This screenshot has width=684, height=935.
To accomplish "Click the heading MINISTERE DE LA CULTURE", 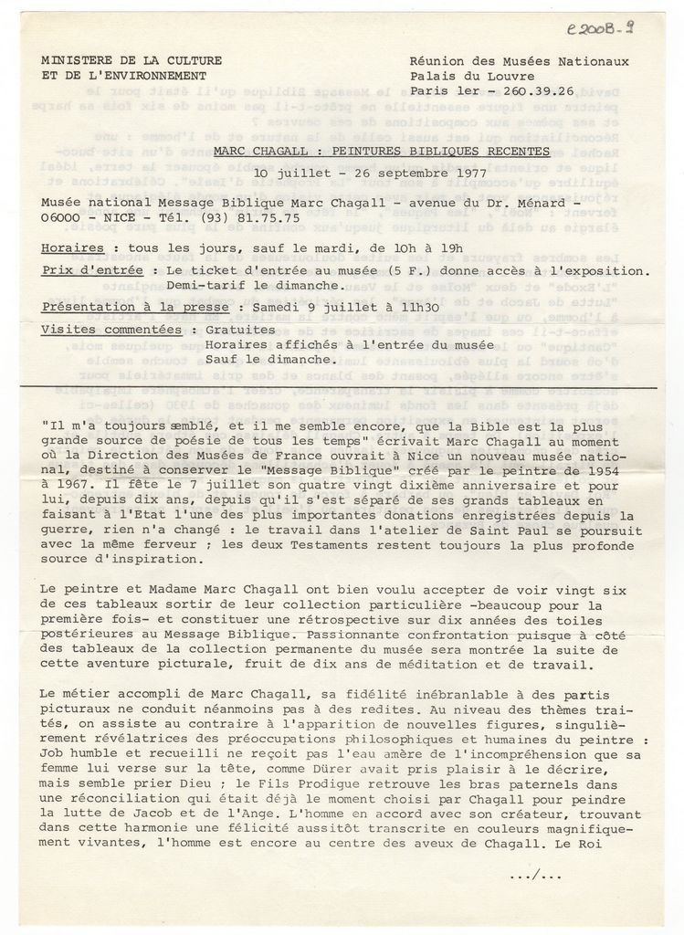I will [132, 60].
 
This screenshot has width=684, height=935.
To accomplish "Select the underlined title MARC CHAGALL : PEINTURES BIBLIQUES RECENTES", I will [382, 151].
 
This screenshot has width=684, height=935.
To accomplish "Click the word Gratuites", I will [240, 329].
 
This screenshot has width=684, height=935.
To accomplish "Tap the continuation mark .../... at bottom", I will [535, 876].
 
